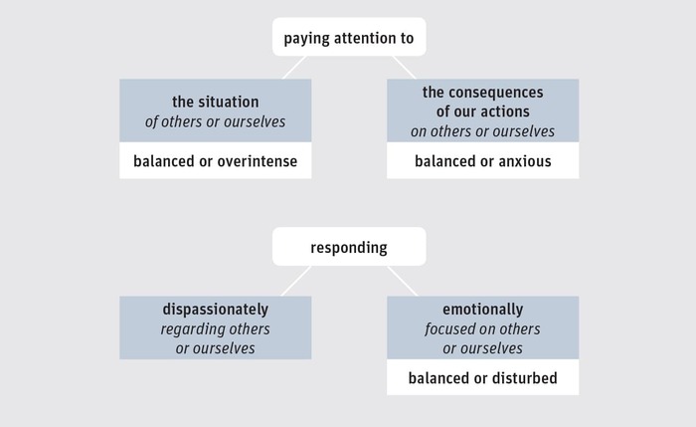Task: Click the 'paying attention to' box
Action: coord(349,37)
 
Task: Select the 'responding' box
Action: coord(349,247)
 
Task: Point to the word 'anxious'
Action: coord(525,161)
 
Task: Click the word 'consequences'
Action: coord(498,93)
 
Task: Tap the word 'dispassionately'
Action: coord(216,310)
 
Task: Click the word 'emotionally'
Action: coord(483,310)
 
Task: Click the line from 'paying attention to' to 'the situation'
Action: coord(294,68)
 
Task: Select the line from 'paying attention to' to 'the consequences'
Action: coord(404,68)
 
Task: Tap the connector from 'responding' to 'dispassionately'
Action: coord(296,281)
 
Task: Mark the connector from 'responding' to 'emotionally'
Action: coord(402,281)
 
